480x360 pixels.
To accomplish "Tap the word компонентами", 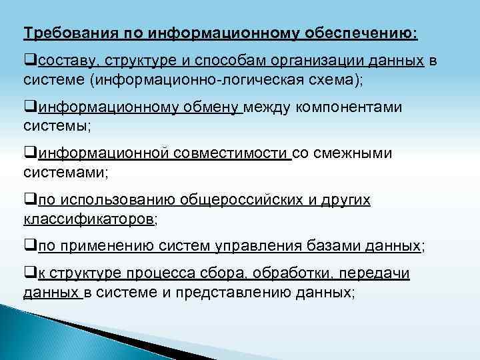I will coord(352,108).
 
